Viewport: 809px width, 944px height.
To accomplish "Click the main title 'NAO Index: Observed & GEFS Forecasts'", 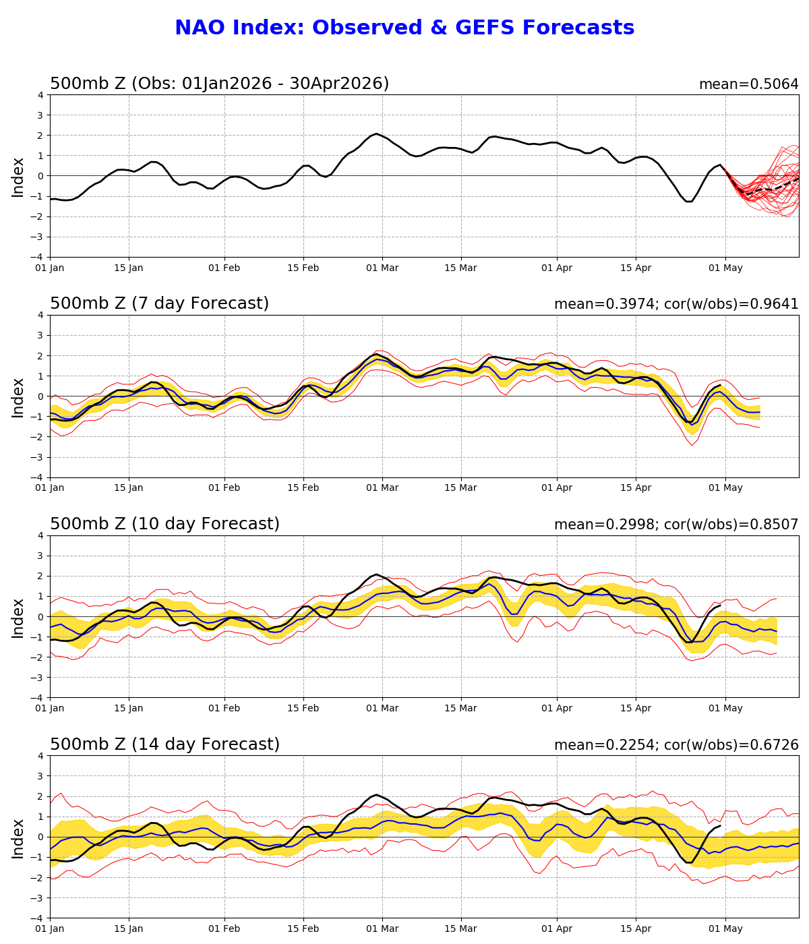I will [x=404, y=28].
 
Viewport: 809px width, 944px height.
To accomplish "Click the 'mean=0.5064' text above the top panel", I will [x=748, y=84].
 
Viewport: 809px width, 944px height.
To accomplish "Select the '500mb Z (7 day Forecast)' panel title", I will [x=159, y=304].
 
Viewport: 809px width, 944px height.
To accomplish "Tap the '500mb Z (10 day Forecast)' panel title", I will [x=164, y=525].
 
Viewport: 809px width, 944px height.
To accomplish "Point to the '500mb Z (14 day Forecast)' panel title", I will [x=164, y=745].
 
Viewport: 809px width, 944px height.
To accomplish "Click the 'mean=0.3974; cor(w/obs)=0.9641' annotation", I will [x=676, y=305].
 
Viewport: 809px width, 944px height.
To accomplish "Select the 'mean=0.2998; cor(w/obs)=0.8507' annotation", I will [x=676, y=525].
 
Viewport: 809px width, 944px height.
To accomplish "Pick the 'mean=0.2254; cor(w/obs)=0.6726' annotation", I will [x=676, y=746].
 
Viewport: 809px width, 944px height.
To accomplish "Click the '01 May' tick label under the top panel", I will [x=725, y=268].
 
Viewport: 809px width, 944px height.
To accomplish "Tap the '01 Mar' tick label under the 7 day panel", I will [x=382, y=488].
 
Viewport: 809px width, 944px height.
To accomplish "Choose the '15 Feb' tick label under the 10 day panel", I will [x=303, y=709].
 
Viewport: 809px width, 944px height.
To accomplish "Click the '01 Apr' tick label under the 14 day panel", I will [x=557, y=929].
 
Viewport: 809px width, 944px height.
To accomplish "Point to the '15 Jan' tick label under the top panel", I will [x=128, y=268].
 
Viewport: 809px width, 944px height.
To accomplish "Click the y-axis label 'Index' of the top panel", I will [x=18, y=177].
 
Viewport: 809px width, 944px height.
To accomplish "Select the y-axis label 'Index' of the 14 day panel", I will [x=18, y=838].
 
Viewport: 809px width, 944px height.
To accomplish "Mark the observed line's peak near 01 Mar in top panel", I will [x=376, y=134].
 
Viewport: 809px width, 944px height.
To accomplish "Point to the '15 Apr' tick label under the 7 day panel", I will [x=636, y=488].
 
